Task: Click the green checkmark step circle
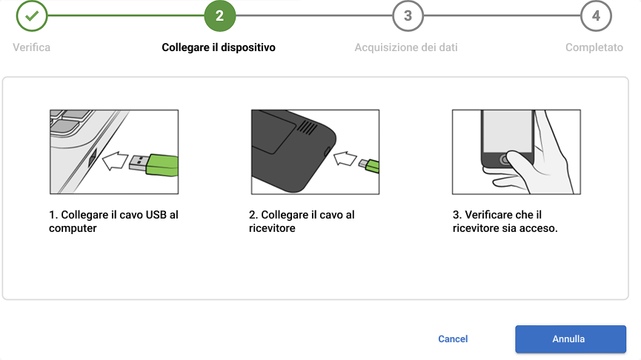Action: point(32,16)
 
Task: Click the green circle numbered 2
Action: point(220,16)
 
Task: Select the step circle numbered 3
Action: point(408,16)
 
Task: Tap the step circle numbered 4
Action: point(596,16)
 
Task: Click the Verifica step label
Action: point(31,47)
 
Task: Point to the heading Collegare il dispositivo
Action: point(219,47)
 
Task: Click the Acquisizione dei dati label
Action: point(406,47)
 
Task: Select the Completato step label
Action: point(594,47)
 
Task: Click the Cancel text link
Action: point(453,339)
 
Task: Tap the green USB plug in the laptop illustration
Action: point(162,164)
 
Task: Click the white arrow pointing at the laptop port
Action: point(115,161)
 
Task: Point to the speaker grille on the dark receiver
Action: point(307,128)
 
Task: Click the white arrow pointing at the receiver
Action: point(345,159)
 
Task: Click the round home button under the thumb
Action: point(505,160)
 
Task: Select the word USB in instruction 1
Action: point(156,215)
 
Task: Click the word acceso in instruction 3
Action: point(541,228)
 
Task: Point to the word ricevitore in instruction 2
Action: point(272,228)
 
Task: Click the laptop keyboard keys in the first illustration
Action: point(70,121)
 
